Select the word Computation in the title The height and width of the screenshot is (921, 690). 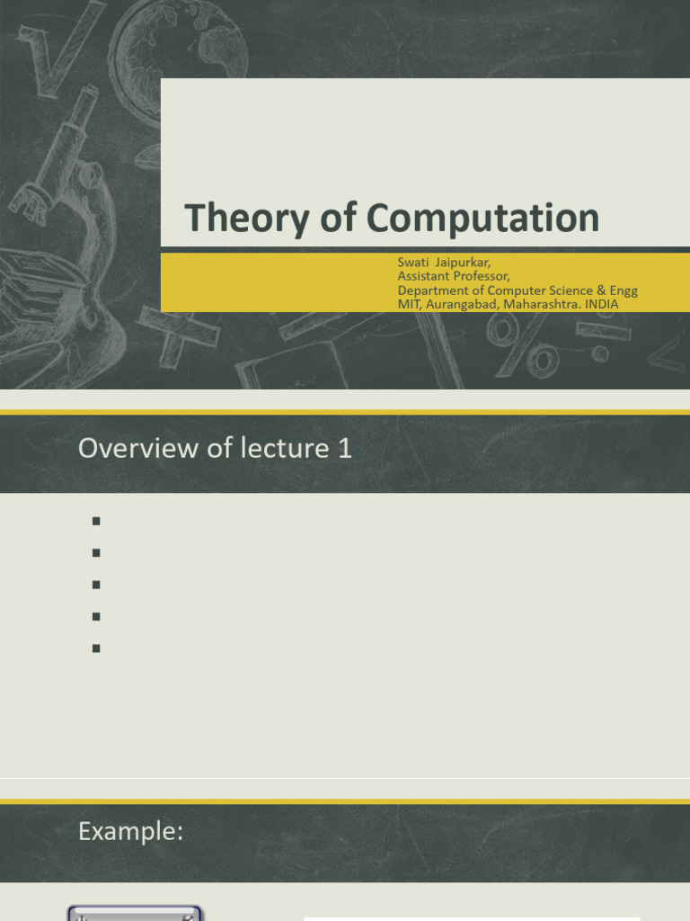click(482, 219)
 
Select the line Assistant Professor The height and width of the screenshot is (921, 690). click(454, 276)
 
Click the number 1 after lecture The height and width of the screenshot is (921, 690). click(345, 448)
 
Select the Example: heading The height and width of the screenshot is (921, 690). click(131, 832)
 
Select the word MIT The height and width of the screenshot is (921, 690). click(410, 304)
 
